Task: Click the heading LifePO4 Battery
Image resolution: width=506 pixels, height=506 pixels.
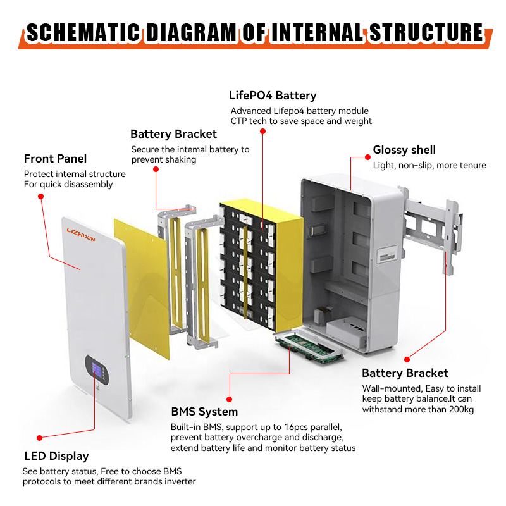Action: pos(273,96)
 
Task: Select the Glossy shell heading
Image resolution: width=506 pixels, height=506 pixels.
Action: pos(404,150)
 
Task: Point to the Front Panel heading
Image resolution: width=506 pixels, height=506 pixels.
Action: pos(56,158)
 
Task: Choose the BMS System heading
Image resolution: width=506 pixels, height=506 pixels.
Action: pos(204,412)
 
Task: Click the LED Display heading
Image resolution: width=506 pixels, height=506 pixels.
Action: pos(56,456)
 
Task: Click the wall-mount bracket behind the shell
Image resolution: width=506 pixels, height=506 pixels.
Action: pos(430,228)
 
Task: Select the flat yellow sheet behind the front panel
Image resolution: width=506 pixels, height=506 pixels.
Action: pos(142,285)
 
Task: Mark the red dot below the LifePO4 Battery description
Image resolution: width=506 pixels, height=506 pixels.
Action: pos(262,132)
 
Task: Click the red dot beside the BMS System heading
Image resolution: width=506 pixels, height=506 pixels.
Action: pos(229,398)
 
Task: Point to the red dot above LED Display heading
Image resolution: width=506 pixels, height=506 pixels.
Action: pos(39,437)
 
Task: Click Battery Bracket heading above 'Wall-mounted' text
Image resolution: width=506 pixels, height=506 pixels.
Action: pos(405,373)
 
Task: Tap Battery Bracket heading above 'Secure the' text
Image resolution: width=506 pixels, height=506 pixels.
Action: pos(173,134)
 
